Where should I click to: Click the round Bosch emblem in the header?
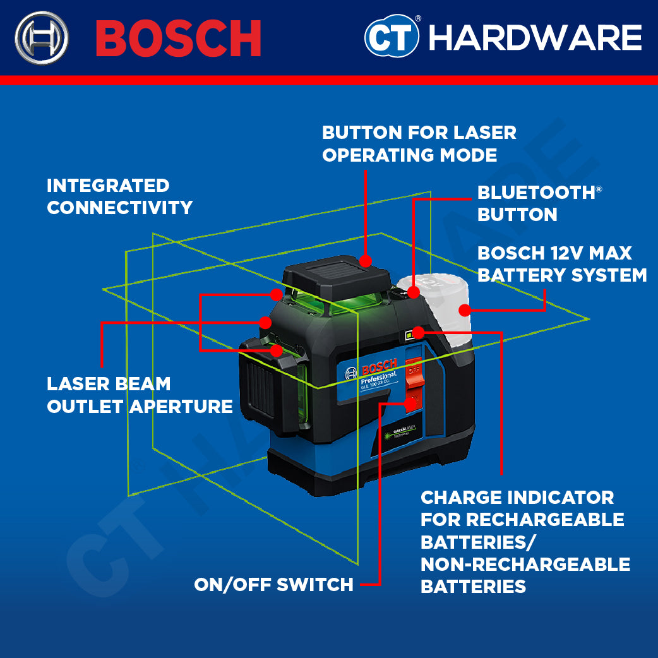42,38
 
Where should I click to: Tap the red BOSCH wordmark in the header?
179,38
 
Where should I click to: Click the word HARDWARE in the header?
535,38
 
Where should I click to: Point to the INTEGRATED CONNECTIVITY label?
119,196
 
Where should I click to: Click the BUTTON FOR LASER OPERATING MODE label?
419,143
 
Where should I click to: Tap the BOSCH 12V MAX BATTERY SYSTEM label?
561,264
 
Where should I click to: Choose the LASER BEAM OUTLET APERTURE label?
140,395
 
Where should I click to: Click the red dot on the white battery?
465,310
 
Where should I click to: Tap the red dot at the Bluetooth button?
413,292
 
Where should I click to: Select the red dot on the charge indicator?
417,331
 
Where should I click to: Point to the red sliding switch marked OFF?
414,373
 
